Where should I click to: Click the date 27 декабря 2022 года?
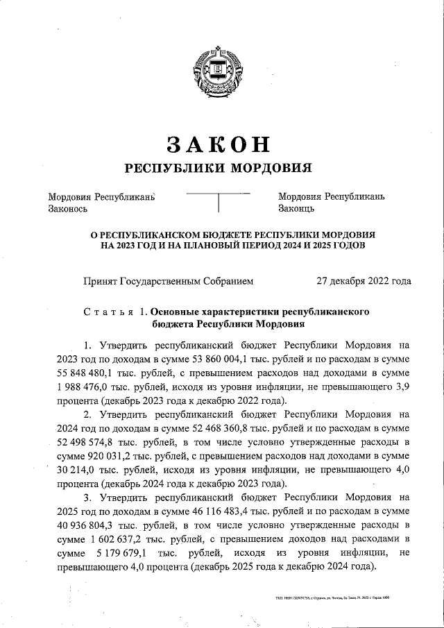click(x=363, y=281)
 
